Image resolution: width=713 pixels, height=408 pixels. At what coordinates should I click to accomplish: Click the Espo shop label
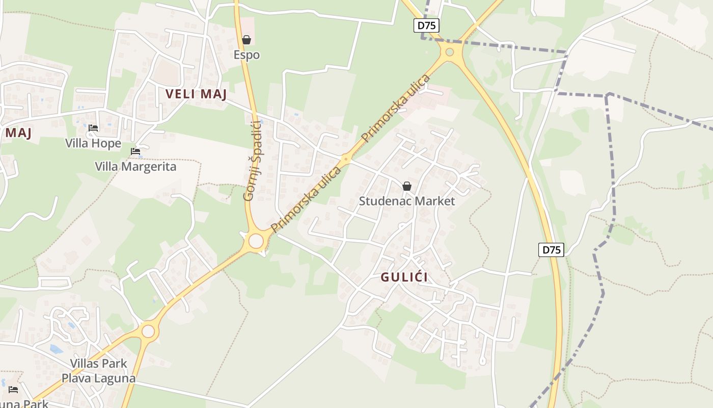pyautogui.click(x=246, y=55)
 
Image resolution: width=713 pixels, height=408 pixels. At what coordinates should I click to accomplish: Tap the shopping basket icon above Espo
pyautogui.click(x=246, y=40)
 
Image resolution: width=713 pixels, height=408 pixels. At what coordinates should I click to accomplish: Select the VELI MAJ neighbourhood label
pyautogui.click(x=196, y=94)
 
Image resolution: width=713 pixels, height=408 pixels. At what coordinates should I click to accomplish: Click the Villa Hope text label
pyautogui.click(x=93, y=143)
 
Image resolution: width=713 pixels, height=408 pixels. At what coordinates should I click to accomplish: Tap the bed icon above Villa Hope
pyautogui.click(x=93, y=128)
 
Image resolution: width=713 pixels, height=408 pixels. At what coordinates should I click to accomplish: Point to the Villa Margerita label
pyautogui.click(x=135, y=167)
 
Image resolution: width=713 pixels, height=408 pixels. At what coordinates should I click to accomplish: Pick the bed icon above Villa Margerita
pyautogui.click(x=135, y=151)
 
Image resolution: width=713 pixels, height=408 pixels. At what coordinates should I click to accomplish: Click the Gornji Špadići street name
pyautogui.click(x=252, y=160)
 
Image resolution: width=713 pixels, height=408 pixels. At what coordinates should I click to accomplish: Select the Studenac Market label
pyautogui.click(x=407, y=201)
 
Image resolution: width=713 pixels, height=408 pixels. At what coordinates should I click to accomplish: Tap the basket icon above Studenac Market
pyautogui.click(x=407, y=186)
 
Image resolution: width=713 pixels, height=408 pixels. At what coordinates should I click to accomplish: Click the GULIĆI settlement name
pyautogui.click(x=404, y=277)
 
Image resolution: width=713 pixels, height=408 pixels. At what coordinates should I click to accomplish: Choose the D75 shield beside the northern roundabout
pyautogui.click(x=426, y=26)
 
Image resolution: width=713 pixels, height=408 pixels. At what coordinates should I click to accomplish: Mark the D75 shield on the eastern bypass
pyautogui.click(x=551, y=250)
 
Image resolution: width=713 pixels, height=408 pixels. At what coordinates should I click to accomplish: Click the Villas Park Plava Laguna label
pyautogui.click(x=99, y=371)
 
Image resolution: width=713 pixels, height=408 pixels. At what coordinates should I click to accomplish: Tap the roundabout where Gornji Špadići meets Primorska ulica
pyautogui.click(x=256, y=241)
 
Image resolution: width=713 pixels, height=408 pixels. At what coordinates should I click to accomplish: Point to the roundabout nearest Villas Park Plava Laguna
pyautogui.click(x=148, y=331)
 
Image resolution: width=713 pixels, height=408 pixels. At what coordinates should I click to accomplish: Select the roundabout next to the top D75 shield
pyautogui.click(x=449, y=52)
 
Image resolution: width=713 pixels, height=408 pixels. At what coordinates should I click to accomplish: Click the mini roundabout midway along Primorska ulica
pyautogui.click(x=346, y=160)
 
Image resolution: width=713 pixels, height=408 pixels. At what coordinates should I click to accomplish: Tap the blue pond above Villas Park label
pyautogui.click(x=56, y=349)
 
